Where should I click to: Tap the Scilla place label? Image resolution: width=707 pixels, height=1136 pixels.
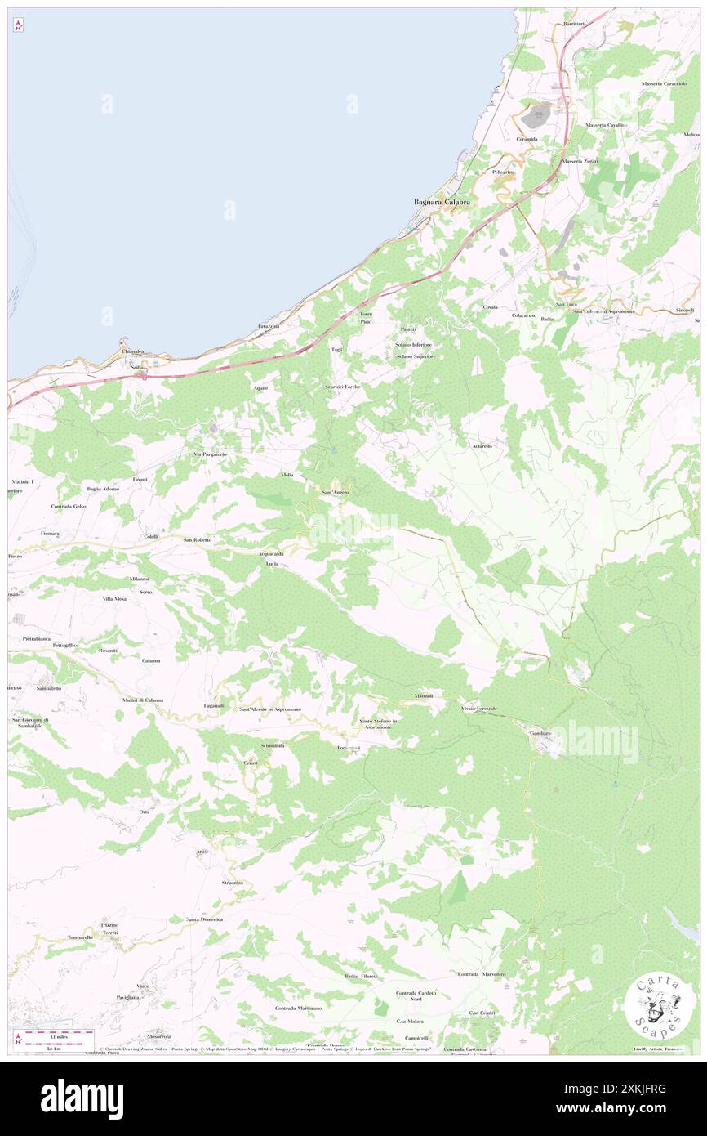pos(138,368)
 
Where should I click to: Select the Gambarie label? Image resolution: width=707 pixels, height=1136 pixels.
pos(540,733)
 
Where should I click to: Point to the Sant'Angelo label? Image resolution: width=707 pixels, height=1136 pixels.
pos(335,492)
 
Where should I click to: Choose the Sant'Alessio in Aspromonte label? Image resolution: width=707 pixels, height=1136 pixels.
pos(270,709)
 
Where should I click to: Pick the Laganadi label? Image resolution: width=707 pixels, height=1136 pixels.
pos(214,705)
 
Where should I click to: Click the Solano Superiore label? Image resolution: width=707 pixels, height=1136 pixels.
pos(416,356)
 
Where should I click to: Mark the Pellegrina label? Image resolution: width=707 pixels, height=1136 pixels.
pos(504,172)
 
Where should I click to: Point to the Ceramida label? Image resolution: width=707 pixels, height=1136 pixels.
pos(527,139)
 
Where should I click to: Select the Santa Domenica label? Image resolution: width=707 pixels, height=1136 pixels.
pos(204,919)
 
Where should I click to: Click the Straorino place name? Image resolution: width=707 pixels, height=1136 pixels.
pos(233,883)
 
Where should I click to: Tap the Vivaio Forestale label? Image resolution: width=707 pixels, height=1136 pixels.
pos(479,708)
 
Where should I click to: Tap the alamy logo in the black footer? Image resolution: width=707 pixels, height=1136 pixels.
pos(82,1099)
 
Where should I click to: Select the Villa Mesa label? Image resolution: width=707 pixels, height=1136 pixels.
pos(114,599)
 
